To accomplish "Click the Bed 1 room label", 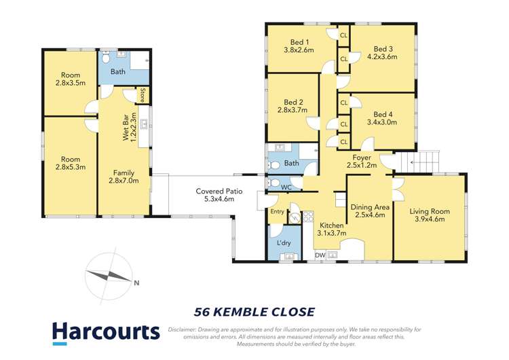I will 296,42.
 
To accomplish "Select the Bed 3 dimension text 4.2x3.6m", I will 383,58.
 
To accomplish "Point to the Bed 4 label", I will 383,113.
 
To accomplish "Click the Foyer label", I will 361,157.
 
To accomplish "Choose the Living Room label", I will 429,211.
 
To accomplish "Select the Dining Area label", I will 369,207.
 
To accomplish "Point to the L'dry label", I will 284,242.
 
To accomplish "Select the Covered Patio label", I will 214,191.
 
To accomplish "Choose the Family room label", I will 123,173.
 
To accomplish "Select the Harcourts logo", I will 106,332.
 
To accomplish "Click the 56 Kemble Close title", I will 254,312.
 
